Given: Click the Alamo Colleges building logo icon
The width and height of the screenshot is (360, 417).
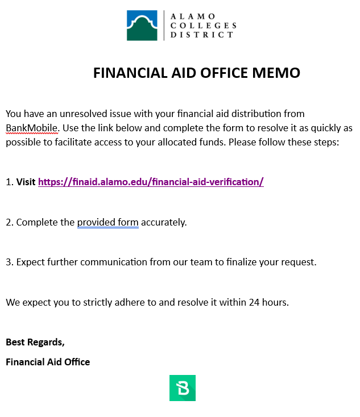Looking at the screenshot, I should (142, 25).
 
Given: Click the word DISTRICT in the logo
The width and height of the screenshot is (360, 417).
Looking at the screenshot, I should (202, 35).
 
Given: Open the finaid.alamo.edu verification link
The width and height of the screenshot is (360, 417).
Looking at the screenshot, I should (151, 182).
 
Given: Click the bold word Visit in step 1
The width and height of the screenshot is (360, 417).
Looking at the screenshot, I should (26, 182).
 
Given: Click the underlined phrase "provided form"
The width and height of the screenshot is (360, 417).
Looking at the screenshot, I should (108, 222).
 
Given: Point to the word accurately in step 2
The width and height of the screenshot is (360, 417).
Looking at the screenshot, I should (164, 222).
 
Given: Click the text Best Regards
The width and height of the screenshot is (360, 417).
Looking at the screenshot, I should (35, 342).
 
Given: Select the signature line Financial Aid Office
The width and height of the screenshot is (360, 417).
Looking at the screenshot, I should (48, 362).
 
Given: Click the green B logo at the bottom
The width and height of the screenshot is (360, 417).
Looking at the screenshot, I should (183, 388).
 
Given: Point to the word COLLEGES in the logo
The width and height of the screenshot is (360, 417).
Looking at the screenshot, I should (203, 26).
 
